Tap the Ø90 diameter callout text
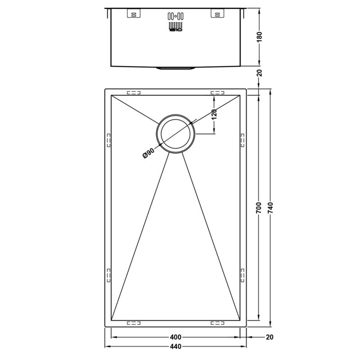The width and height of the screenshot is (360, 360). pyautogui.click(x=148, y=153)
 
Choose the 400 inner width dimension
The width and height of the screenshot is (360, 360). pyautogui.click(x=176, y=337)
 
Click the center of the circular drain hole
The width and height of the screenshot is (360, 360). pyautogui.click(x=175, y=134)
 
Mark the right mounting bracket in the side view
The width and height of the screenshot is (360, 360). pyautogui.click(x=216, y=14)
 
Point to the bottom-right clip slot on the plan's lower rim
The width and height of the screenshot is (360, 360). pyautogui.click(x=217, y=322)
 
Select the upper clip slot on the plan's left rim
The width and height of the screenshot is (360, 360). pyautogui.click(x=108, y=140)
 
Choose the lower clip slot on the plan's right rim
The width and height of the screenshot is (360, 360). pyautogui.click(x=243, y=274)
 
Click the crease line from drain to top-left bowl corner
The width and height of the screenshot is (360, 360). pyautogui.click(x=135, y=108)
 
